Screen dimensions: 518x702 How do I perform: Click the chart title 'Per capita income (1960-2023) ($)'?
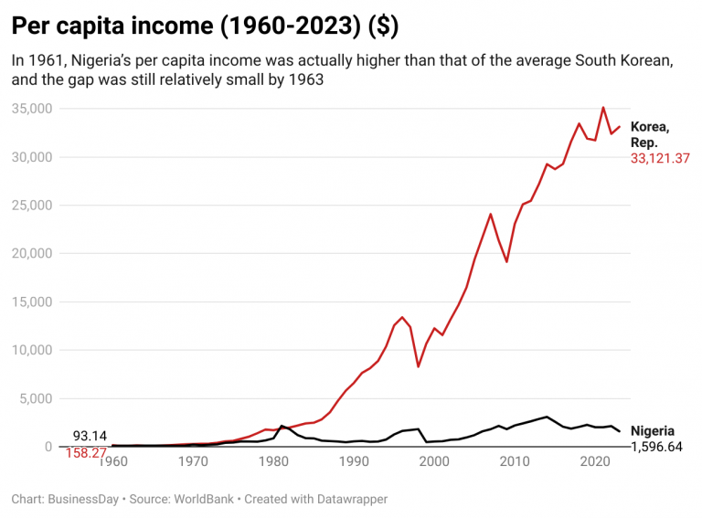coord(204,26)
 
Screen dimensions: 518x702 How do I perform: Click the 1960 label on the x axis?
coord(112,461)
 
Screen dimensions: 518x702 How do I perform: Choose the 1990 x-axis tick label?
coord(354,461)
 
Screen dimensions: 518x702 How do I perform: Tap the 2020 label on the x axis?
coord(595,461)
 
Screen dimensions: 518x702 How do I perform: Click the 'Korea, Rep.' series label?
coord(651,134)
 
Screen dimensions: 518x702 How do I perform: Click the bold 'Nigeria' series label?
coord(653,431)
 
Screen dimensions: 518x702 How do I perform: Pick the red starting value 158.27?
coord(85,451)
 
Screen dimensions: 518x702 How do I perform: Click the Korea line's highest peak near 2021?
coord(603,108)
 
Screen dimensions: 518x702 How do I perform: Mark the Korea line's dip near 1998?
coord(418,366)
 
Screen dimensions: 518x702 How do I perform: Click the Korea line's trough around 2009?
coord(506,262)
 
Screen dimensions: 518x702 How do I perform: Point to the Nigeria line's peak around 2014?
coord(547,417)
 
